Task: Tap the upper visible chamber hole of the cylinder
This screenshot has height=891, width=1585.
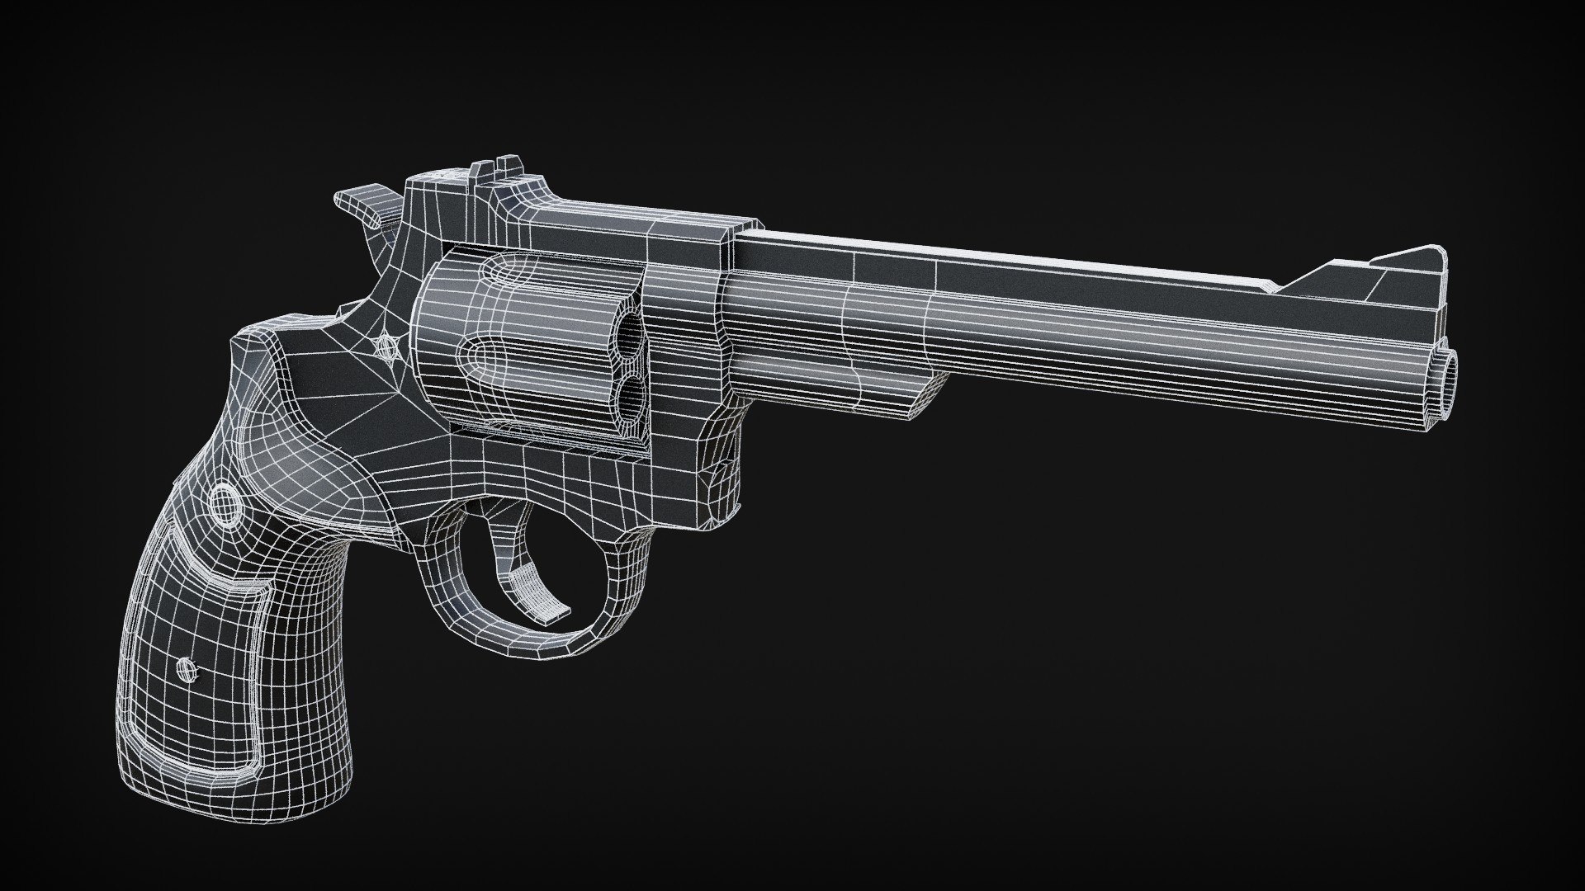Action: (634, 335)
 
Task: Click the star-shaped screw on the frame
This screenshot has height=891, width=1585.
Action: (386, 346)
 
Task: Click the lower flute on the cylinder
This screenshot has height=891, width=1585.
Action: (495, 363)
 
